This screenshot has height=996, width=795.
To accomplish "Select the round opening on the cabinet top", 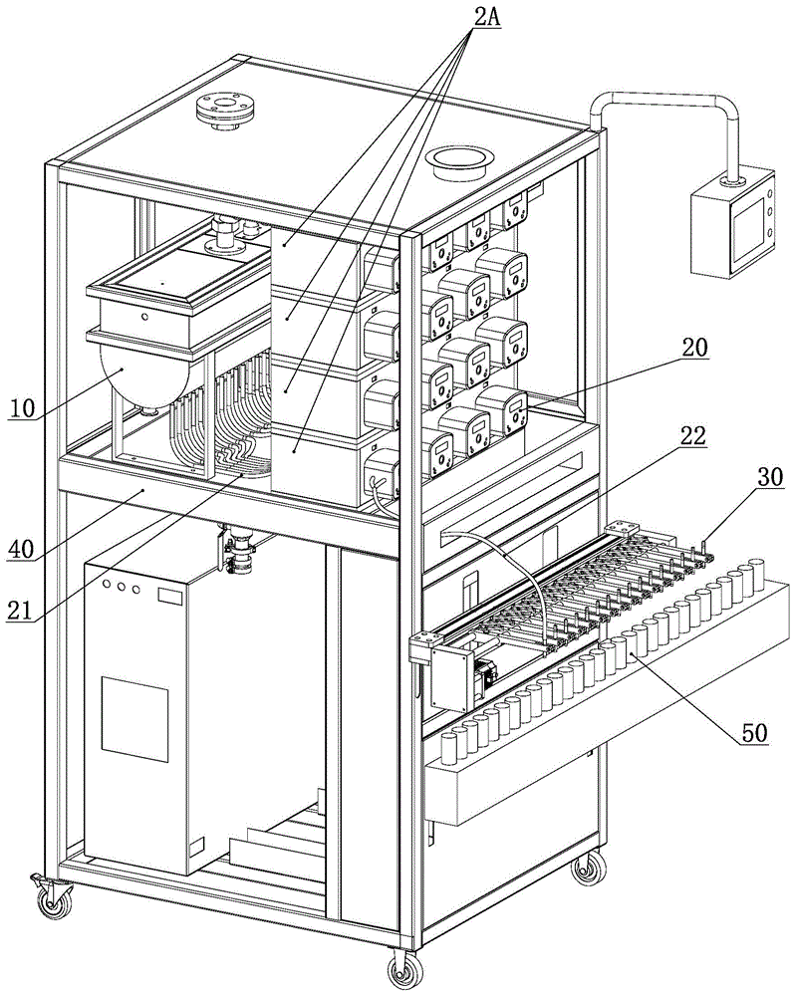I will click(x=459, y=156).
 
